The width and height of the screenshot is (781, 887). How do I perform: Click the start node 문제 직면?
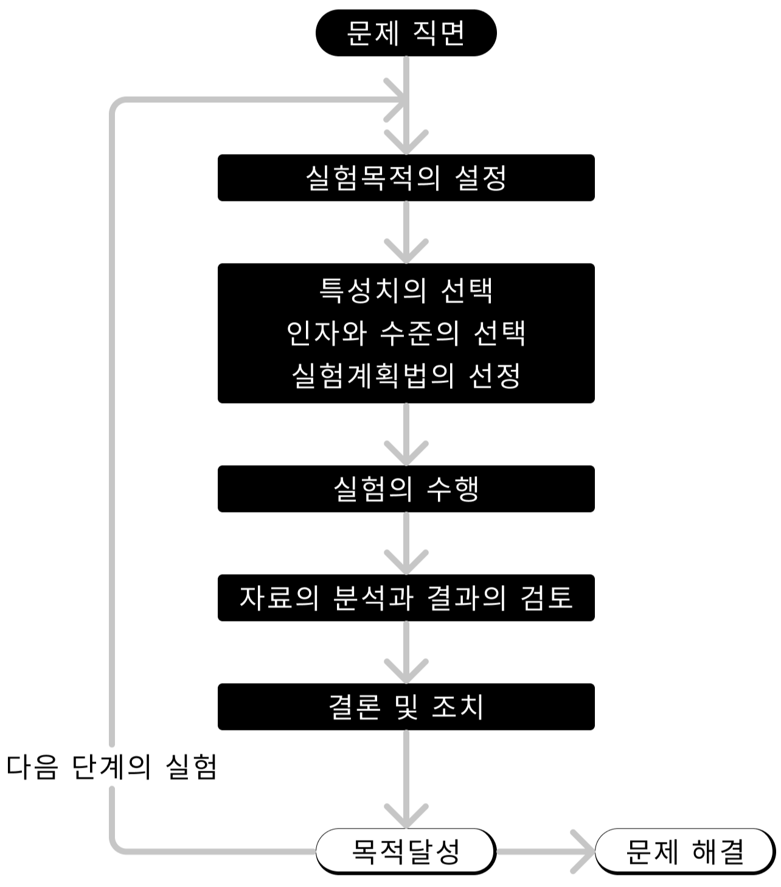point(406,33)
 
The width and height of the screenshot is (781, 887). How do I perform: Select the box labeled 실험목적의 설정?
point(406,178)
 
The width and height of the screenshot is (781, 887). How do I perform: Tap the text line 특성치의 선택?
point(406,290)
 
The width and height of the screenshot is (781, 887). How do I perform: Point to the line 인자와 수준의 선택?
point(406,333)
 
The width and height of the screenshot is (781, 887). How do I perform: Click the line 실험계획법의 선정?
point(406,376)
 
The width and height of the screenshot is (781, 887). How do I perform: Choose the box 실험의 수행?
point(406,489)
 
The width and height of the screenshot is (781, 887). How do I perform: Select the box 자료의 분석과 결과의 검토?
point(406,598)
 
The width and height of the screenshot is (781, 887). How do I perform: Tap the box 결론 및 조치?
point(406,707)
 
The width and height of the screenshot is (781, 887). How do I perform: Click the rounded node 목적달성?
point(406,851)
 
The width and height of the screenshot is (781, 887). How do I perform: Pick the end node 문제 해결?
point(685,851)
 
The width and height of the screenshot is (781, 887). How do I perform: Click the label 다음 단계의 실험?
point(112,767)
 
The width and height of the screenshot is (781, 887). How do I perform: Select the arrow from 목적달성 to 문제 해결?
point(544,851)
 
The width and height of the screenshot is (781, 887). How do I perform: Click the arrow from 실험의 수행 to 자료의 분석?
point(406,542)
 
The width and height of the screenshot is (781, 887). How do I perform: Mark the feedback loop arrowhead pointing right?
point(397,99)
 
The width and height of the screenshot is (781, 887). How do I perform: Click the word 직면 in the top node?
point(439,33)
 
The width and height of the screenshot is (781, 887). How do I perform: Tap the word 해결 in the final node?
point(718,851)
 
